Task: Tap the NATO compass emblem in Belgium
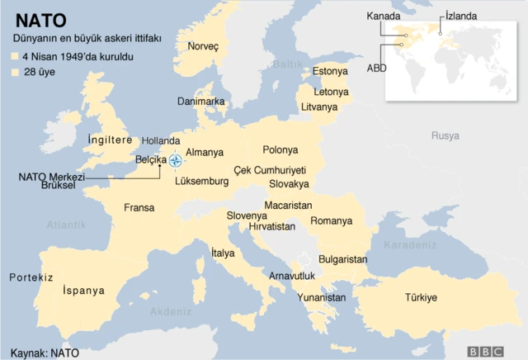176,159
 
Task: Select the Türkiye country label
421,297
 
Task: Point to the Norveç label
203,46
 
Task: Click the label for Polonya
280,149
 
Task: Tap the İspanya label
83,290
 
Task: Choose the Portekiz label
31,277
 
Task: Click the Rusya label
445,135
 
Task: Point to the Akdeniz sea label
171,312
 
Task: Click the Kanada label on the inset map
384,16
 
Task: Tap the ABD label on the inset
377,68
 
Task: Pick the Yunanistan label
321,296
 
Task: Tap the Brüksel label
58,185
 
